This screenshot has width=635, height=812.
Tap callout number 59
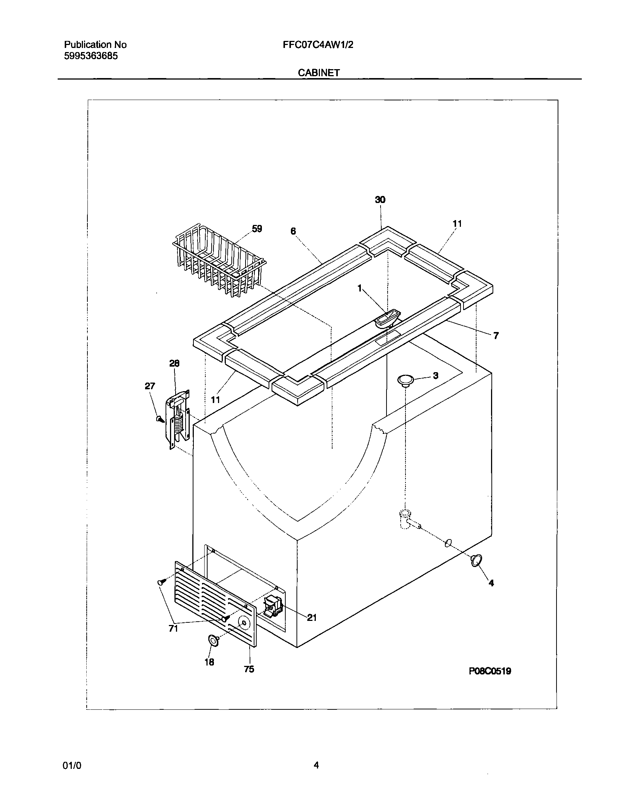click(x=257, y=229)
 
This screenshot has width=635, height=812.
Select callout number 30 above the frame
click(x=380, y=200)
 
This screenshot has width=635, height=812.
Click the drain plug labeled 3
click(x=405, y=380)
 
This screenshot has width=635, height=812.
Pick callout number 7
click(x=496, y=335)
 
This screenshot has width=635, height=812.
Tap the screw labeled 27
click(x=160, y=419)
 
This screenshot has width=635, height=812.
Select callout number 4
click(x=491, y=583)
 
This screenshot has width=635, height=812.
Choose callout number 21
click(x=312, y=618)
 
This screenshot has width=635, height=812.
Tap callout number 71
click(x=173, y=628)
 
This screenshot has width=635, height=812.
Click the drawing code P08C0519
click(x=490, y=671)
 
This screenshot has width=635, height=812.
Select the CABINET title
click(x=318, y=73)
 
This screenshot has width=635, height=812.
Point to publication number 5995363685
click(x=91, y=56)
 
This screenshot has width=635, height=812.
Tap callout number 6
click(x=293, y=231)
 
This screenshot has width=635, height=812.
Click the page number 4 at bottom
click(x=316, y=765)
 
